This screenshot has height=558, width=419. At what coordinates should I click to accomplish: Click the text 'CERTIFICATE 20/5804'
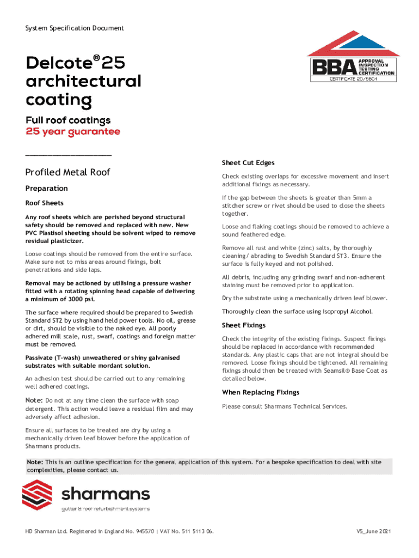click(353, 79)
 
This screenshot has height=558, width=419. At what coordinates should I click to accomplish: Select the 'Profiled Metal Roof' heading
click(68, 172)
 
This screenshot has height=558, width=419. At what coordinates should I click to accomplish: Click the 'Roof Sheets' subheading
click(45, 203)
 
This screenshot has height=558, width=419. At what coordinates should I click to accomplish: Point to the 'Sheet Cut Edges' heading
click(248, 162)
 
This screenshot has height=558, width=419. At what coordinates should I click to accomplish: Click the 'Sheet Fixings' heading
click(244, 325)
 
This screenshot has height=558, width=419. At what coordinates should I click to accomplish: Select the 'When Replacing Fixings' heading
click(261, 392)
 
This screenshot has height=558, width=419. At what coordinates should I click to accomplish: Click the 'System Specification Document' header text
click(75, 28)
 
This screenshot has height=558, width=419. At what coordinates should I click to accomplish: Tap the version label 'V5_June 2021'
click(373, 531)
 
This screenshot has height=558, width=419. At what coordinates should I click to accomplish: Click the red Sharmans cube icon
click(37, 495)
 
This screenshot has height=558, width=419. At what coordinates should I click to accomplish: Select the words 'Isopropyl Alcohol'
click(347, 312)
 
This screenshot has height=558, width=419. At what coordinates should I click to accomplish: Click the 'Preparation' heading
click(47, 189)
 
